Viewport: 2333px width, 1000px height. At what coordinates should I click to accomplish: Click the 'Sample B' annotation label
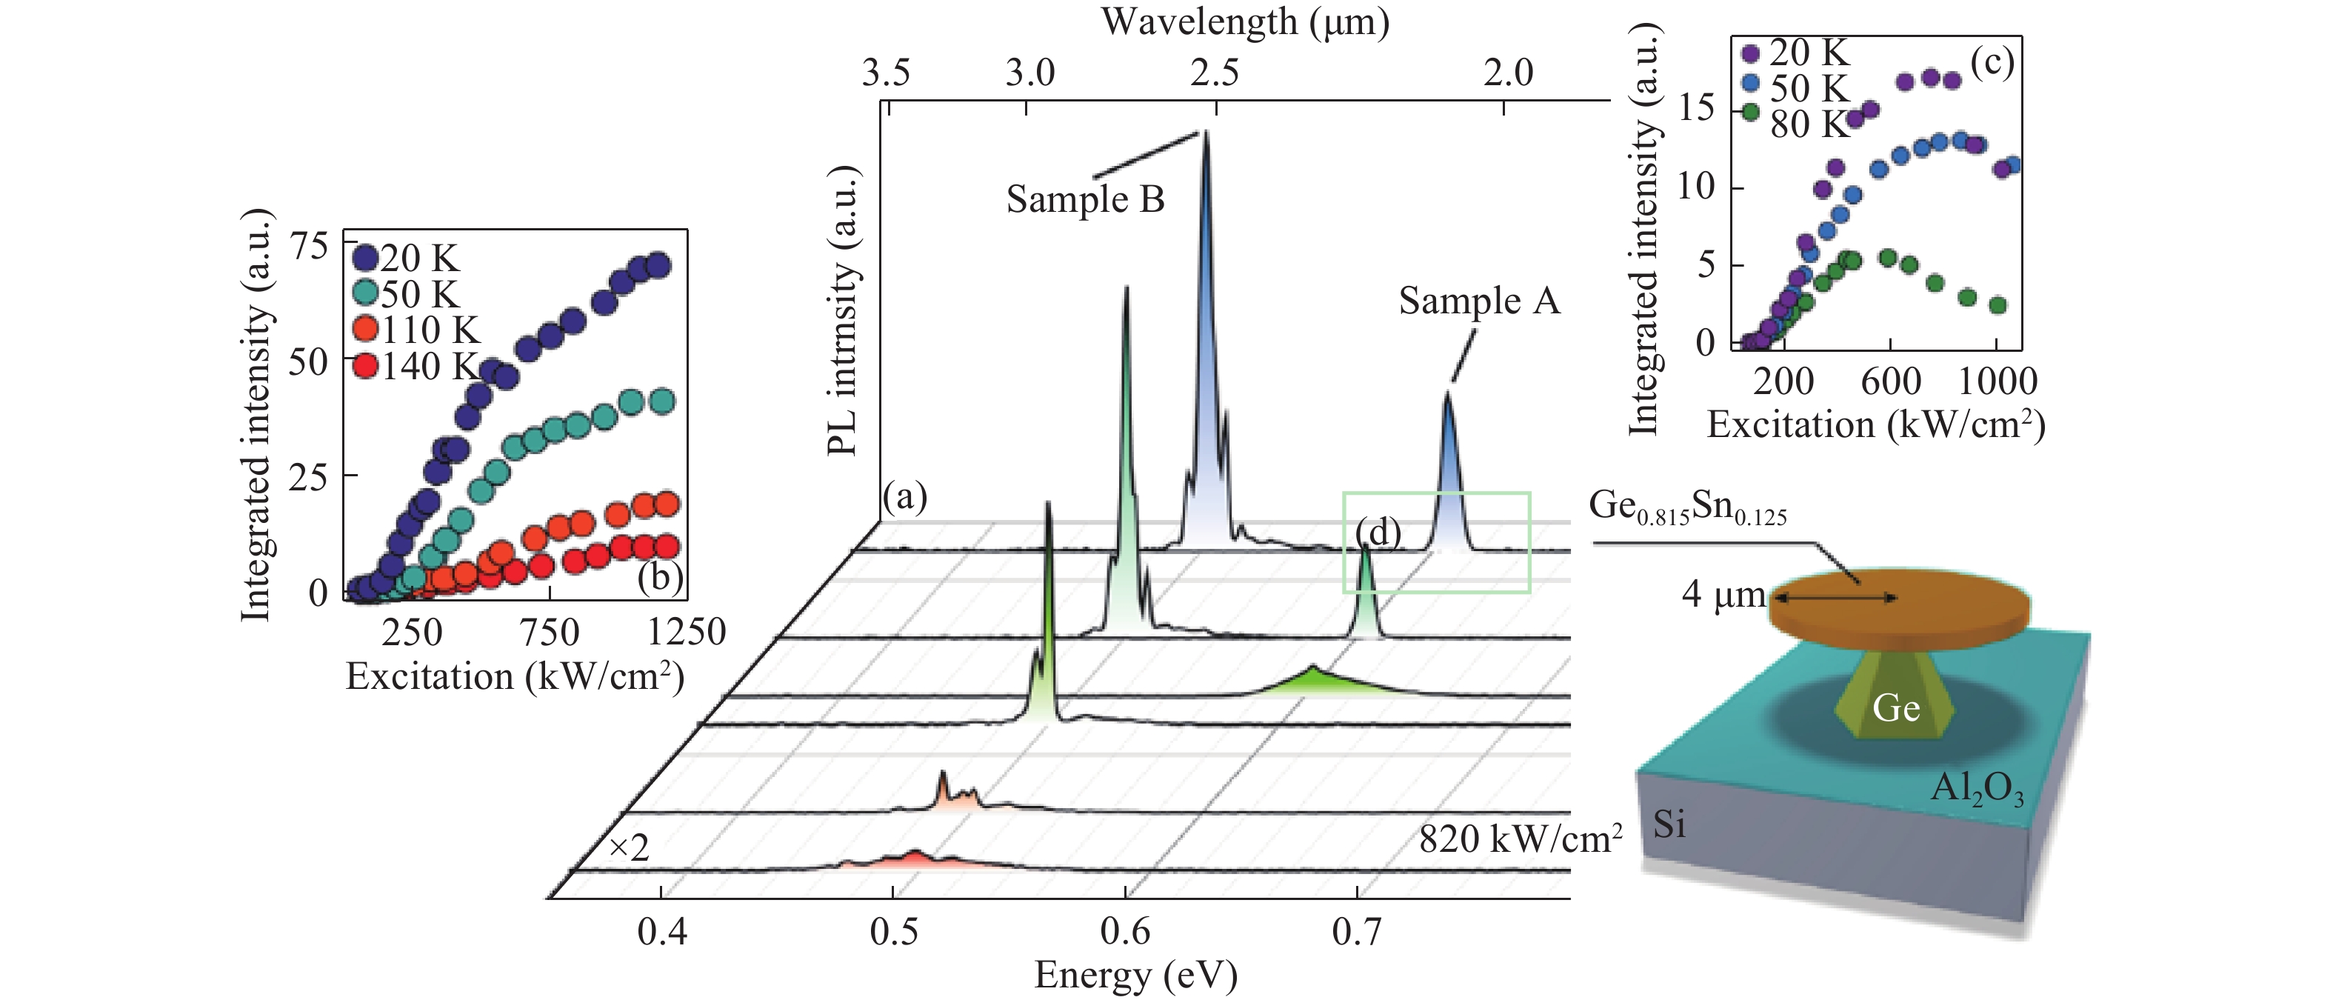(x=1085, y=199)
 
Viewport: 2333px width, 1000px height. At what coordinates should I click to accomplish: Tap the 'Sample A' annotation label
(x=1479, y=301)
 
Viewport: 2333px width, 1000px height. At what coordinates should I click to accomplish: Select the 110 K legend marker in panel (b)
(x=365, y=330)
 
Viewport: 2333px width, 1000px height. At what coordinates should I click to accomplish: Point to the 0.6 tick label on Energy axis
(x=1125, y=930)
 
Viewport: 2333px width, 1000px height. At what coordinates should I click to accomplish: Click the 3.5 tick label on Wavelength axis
(x=886, y=73)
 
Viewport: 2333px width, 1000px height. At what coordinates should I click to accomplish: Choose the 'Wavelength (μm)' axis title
(x=1245, y=21)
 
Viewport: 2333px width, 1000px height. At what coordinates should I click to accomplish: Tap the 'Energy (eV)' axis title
(x=1135, y=976)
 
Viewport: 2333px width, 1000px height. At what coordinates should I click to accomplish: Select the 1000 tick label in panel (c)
(x=1997, y=381)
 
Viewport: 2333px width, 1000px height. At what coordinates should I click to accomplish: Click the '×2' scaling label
(x=629, y=849)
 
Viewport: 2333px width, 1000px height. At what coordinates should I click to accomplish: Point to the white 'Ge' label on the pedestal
(x=1895, y=707)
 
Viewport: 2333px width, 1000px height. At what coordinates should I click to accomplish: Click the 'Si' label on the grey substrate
(x=1669, y=824)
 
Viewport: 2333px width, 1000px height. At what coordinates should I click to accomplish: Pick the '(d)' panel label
(x=1378, y=533)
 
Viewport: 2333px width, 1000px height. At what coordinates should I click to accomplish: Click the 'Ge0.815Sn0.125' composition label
(x=1687, y=507)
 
